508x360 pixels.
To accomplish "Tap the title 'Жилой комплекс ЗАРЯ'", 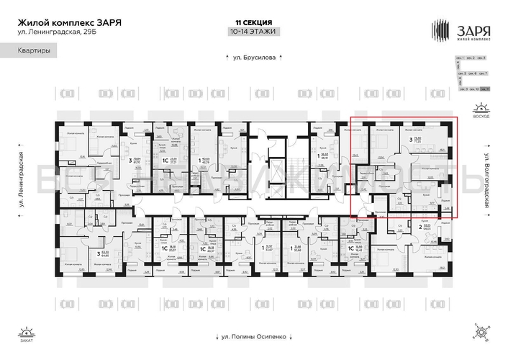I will [x=69, y=22].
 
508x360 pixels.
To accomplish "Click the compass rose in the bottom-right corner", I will [x=479, y=331].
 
